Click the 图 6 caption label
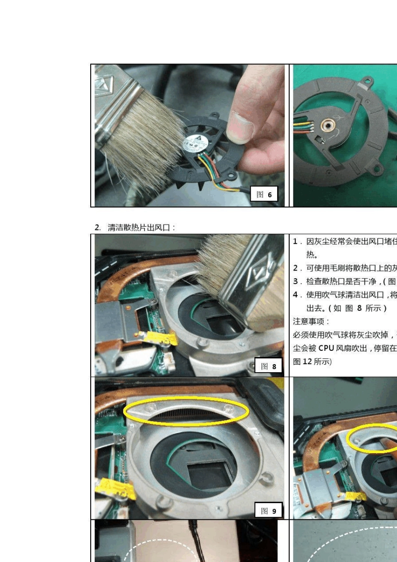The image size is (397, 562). [x=264, y=194]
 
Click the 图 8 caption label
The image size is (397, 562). [x=268, y=366]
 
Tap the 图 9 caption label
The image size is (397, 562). [x=268, y=511]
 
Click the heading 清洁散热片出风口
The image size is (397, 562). [x=141, y=227]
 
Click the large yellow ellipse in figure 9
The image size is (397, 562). [x=186, y=411]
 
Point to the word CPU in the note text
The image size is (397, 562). [x=326, y=348]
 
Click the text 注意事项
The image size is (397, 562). [x=311, y=321]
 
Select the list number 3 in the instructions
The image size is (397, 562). [x=295, y=281]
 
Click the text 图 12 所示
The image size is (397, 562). [x=312, y=362]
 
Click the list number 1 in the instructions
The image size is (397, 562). [x=295, y=241]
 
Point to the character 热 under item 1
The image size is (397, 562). [x=311, y=254]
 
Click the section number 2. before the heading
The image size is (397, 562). [x=98, y=227]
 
